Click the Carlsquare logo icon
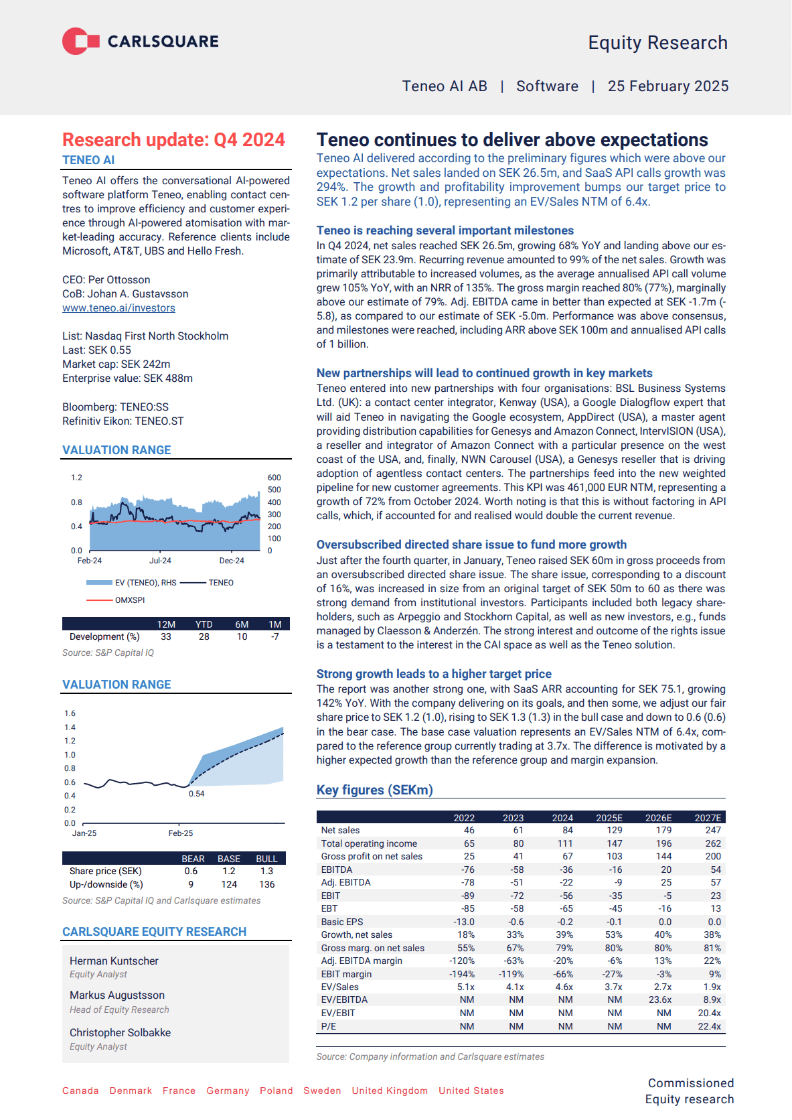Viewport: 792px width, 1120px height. coord(80,42)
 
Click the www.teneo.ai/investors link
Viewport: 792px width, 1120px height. coord(118,308)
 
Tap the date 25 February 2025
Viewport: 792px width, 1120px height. coord(667,86)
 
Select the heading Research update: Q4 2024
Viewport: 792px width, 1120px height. coord(173,139)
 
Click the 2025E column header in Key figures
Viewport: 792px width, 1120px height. coord(609,818)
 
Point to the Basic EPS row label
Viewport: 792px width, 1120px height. coord(341,922)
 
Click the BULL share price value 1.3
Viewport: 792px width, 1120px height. coord(266,871)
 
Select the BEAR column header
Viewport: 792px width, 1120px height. coord(193,859)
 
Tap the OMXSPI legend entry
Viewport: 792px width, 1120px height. coord(129,600)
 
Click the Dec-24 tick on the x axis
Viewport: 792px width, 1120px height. coord(232,561)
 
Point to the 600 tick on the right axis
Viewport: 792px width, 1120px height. coord(274,478)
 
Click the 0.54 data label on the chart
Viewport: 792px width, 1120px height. coord(196,794)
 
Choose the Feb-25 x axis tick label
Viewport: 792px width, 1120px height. coord(180,833)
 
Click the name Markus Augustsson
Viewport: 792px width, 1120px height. coord(117,995)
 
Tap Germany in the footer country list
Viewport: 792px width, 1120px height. coord(228,1091)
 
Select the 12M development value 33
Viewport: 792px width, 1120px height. coord(166,637)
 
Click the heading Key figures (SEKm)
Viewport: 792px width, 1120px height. coord(374,790)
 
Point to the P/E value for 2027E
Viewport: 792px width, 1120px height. coord(709,1026)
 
